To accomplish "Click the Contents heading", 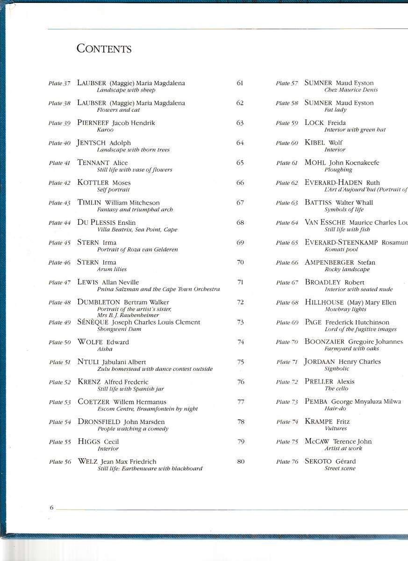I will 104,49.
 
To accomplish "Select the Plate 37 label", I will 59,84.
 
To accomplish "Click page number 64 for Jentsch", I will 240,143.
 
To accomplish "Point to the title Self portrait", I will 113,190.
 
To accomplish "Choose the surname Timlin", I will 90,203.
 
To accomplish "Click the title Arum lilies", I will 112,269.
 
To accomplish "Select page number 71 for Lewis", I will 240,282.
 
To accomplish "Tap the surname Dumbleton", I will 99,302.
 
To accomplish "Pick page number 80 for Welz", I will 241,462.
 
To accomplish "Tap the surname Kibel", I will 315,143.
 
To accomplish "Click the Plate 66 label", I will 287,263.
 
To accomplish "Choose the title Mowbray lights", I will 345,309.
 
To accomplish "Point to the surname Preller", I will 319,382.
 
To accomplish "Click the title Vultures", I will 336,428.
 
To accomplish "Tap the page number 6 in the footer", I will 52,508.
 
